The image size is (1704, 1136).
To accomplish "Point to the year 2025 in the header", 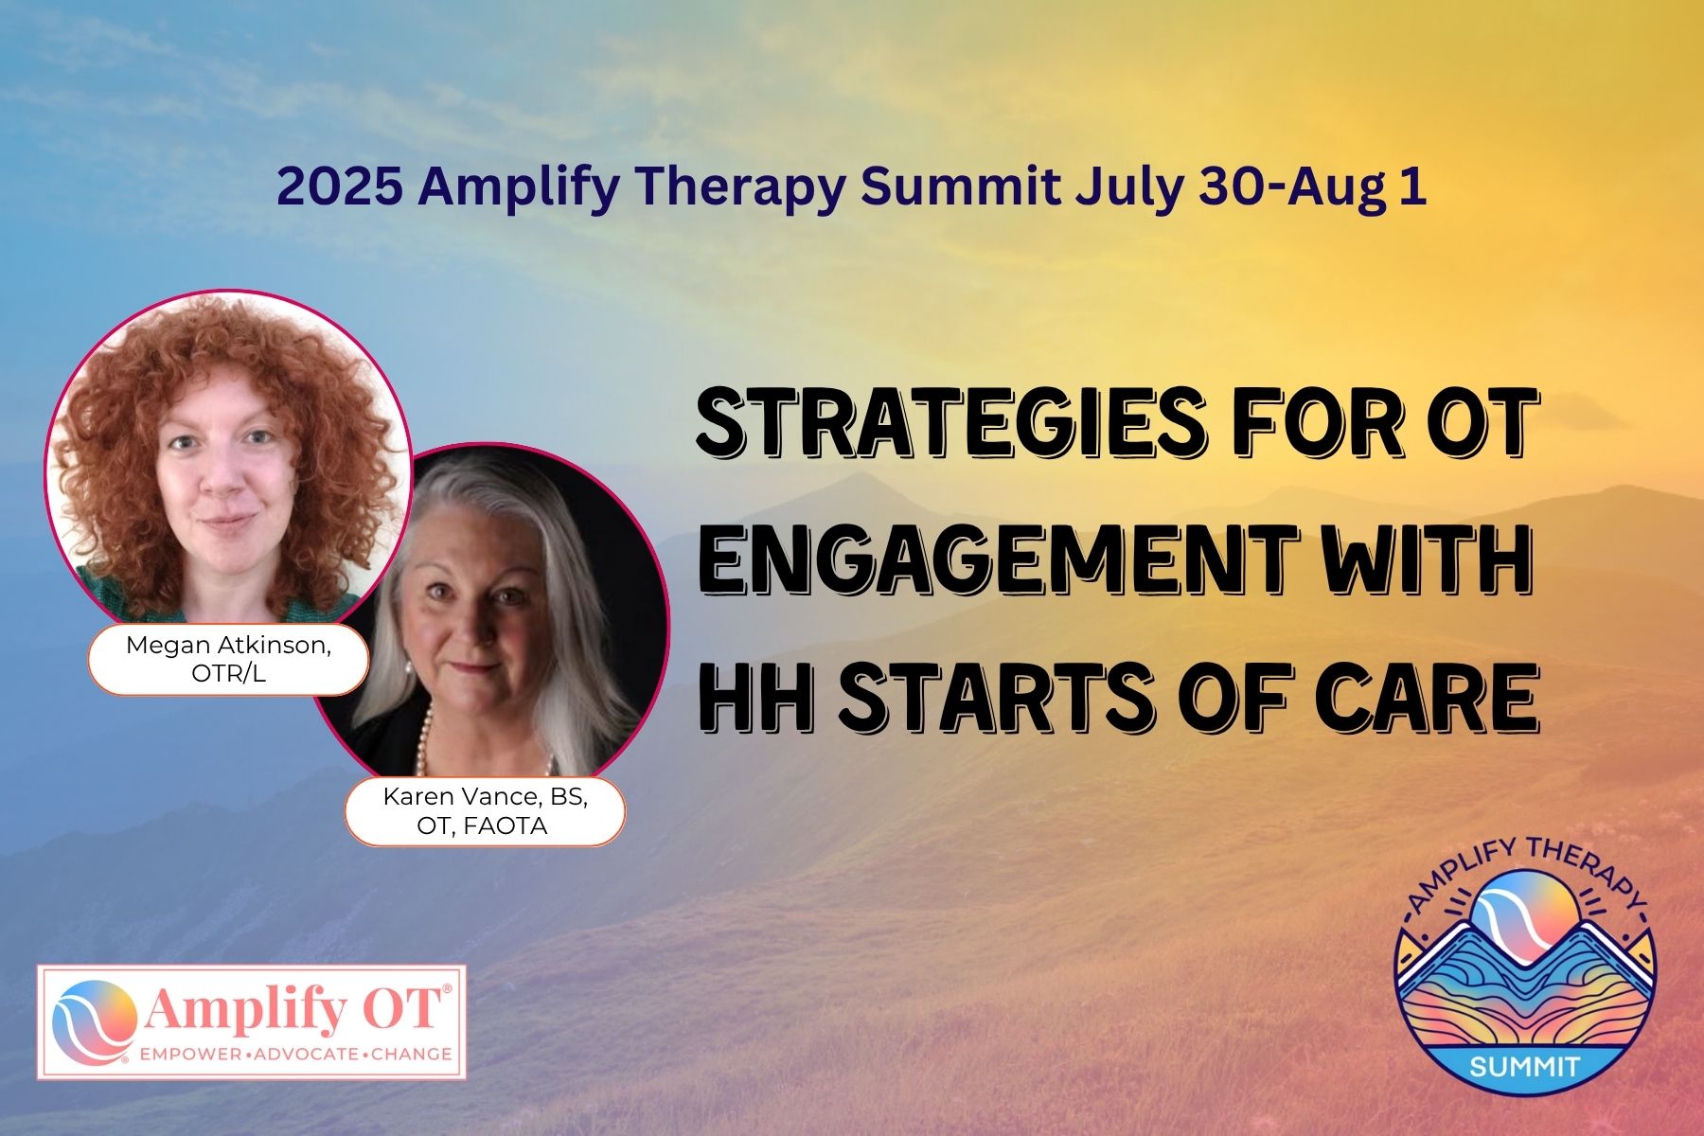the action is click(338, 187).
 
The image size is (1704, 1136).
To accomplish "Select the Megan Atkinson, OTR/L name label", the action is click(228, 659).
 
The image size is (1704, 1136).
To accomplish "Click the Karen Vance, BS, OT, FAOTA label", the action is click(485, 811).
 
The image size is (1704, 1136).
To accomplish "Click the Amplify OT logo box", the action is click(252, 1021).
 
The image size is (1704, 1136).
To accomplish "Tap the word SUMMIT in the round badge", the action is click(1524, 1066).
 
